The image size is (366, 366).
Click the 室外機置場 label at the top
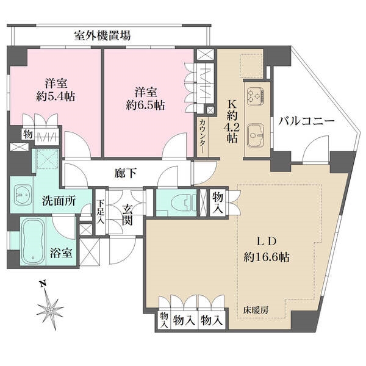coord(102,35)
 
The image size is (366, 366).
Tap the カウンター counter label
coord(202,135)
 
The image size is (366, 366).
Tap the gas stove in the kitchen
coord(255,95)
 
